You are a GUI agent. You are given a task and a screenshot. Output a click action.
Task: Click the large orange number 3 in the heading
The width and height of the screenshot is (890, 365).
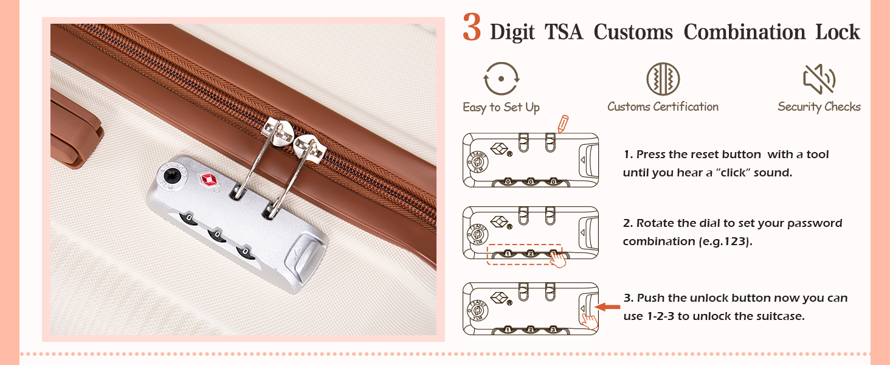(x=472, y=27)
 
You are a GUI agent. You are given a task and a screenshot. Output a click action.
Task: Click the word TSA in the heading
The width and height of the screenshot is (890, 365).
(x=564, y=32)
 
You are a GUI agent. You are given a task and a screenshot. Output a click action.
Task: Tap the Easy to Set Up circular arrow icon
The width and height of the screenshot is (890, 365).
(x=502, y=78)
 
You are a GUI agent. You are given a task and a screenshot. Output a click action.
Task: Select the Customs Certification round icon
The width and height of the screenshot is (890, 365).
(x=663, y=78)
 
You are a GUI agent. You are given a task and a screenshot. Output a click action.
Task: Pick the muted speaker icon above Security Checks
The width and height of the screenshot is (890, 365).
(x=819, y=79)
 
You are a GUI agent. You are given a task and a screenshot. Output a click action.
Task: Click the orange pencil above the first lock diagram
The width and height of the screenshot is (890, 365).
(x=563, y=123)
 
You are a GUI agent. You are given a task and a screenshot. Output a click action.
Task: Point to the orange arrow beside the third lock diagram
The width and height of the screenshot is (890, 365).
(x=607, y=307)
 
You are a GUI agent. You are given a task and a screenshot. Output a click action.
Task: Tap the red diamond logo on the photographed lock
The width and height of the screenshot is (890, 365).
(x=209, y=179)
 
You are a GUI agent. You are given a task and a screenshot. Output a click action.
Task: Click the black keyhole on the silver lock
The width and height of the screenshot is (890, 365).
(x=172, y=175)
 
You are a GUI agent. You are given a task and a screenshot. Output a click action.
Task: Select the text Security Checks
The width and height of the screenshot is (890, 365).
(x=819, y=107)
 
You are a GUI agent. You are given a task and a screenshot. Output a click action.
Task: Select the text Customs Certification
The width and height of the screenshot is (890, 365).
(x=663, y=106)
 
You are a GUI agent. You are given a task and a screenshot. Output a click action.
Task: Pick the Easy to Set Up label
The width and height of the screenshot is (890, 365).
(x=501, y=107)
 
